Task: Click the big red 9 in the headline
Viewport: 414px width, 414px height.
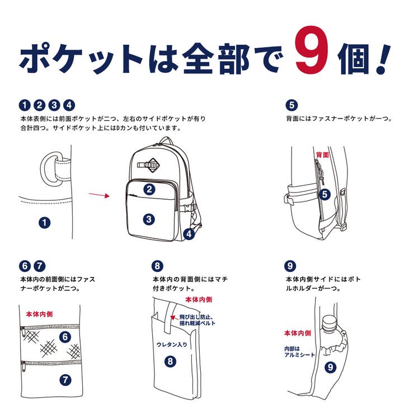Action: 312,50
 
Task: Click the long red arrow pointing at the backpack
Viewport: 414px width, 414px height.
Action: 99,195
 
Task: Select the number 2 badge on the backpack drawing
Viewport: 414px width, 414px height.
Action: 149,189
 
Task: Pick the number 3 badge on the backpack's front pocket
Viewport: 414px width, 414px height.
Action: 149,219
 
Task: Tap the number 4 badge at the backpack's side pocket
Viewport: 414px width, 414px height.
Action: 189,234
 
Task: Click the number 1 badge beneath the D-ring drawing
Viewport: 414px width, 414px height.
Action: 44,223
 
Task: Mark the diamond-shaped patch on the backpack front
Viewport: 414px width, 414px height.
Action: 153,165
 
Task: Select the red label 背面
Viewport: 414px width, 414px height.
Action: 322,155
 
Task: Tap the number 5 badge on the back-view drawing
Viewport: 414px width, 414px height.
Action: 324,195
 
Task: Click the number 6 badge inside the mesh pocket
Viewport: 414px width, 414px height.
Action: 65,337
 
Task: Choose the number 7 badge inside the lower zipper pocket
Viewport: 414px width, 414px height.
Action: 65,380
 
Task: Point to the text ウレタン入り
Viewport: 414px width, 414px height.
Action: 172,345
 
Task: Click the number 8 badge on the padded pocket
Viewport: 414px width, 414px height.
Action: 170,361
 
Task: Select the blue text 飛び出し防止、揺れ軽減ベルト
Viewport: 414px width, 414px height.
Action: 197,320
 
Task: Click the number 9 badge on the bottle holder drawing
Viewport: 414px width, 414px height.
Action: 330,367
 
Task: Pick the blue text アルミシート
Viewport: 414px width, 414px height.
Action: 300,355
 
